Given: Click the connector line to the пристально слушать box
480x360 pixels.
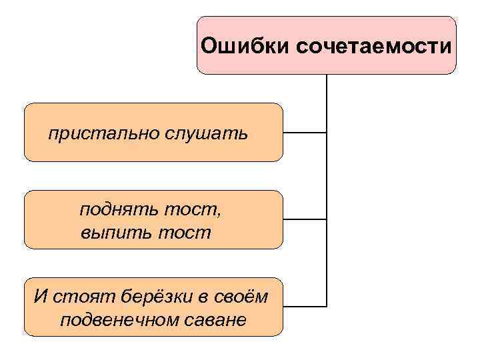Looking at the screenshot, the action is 305,133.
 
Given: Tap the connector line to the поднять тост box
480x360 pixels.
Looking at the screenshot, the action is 305,219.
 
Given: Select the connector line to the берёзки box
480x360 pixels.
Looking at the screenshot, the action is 305,306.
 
